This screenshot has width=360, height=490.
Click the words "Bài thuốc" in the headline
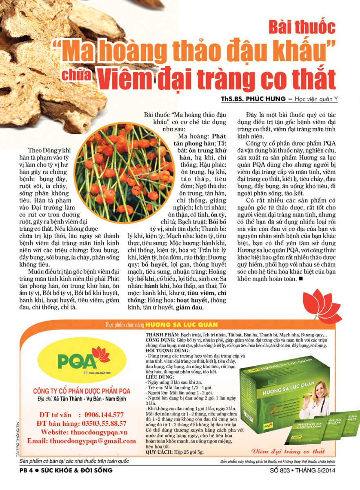302,27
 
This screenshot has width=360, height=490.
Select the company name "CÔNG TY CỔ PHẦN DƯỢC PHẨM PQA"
82,390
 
